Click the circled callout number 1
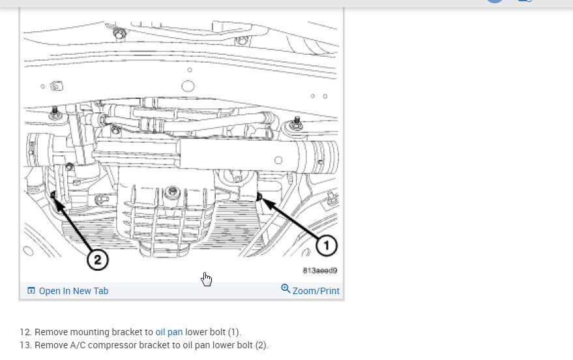[327, 245]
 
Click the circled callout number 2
[98, 260]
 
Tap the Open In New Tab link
[74, 291]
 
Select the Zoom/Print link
[316, 291]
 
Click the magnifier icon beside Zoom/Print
[286, 289]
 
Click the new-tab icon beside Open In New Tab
[31, 291]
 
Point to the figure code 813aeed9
[320, 271]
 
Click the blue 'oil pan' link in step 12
[169, 332]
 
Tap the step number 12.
[25, 332]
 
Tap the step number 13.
[25, 346]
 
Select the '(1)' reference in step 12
[234, 332]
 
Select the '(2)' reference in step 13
[261, 346]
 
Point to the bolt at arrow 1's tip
[259, 197]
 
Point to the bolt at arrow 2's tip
[53, 195]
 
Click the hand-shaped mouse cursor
[207, 280]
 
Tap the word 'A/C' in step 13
[78, 346]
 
